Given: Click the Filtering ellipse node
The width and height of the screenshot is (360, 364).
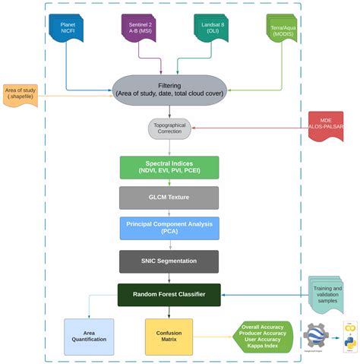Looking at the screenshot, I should pos(169,89).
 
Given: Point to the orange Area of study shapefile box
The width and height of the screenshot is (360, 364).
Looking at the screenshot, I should pos(21,96).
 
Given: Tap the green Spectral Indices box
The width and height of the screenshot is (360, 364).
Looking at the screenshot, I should pos(169,167).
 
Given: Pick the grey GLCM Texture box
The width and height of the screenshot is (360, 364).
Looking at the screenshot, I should pos(169,198).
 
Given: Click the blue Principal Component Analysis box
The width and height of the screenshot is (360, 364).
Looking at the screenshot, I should pos(169,228).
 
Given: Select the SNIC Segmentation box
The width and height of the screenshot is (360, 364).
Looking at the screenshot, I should pos(169,261).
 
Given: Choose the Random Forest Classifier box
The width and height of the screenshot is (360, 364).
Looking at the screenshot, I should pos(169,294).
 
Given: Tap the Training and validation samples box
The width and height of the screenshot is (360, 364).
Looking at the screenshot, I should pos(327,295).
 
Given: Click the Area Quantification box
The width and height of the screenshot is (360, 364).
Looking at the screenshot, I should pos(89,337).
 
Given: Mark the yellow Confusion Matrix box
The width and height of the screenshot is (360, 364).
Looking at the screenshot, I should pos(169,337).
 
